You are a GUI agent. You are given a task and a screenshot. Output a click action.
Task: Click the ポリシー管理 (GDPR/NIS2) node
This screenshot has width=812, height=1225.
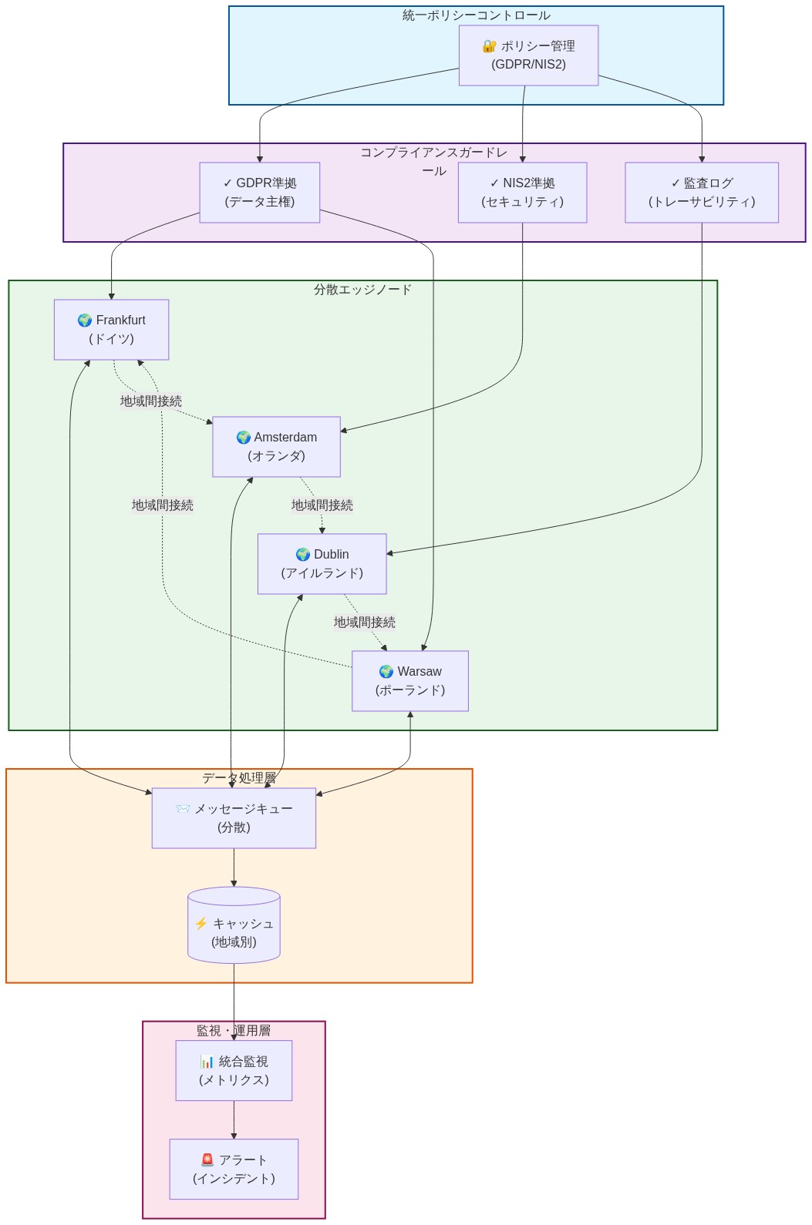528,55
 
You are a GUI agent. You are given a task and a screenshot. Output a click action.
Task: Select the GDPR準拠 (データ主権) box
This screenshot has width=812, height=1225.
260,193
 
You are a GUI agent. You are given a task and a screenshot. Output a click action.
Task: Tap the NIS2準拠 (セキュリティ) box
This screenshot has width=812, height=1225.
522,193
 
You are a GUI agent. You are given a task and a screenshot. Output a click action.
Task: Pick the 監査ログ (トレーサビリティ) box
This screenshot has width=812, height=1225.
701,193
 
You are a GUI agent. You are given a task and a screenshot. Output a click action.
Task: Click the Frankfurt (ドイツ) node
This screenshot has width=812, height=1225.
111,330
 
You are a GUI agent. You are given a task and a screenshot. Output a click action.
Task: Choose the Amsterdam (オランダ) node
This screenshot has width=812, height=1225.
276,447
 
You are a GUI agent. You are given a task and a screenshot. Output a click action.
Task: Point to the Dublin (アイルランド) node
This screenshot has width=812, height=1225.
322,564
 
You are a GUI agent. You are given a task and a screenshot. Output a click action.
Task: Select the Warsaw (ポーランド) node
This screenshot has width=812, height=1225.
409,681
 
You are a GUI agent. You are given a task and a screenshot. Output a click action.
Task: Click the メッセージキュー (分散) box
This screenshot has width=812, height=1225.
234,818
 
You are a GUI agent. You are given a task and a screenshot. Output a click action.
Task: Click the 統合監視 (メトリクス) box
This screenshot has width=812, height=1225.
234,1071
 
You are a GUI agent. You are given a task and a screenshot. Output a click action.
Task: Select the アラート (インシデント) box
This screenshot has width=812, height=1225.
234,1170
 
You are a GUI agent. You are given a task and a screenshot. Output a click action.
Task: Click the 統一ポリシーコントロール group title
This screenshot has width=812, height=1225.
476,15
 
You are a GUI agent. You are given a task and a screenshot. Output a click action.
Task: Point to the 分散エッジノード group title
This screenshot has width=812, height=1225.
362,290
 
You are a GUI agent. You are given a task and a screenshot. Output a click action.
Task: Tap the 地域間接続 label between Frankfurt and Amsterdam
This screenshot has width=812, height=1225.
151,401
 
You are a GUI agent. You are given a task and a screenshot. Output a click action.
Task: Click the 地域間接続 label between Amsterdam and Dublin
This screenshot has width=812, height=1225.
322,505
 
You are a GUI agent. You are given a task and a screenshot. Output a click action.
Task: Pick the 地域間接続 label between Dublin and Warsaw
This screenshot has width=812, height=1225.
364,623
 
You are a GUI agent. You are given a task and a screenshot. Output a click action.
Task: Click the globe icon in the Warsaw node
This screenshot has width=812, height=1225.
386,672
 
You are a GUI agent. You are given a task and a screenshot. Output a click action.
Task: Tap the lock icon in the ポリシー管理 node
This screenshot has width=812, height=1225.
489,46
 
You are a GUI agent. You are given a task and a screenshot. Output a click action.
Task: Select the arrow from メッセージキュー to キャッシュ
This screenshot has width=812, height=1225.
234,868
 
